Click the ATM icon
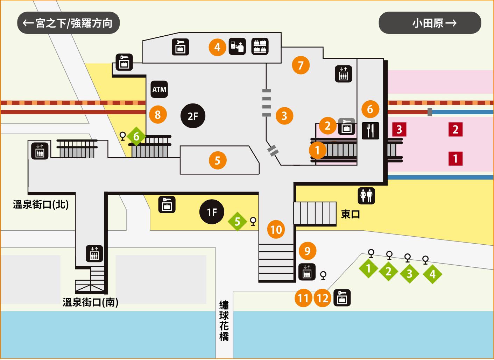coord(159,89)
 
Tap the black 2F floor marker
coord(193,116)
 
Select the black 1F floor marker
coord(212,212)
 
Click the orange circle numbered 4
coord(218,47)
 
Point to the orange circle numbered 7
coord(301,65)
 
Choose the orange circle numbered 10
coord(276,229)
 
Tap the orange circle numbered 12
coord(323,298)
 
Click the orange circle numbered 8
coord(158,115)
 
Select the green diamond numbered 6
coord(136,136)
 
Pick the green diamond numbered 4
coord(432,274)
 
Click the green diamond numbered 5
coord(237,222)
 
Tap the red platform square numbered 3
coord(399,130)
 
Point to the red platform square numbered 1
coord(456,159)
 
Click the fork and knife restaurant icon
coord(370,131)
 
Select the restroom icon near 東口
coord(366,196)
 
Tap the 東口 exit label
coord(351,214)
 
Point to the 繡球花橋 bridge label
coord(224,321)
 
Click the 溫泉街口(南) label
coord(90,302)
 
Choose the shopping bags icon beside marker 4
coord(260,46)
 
